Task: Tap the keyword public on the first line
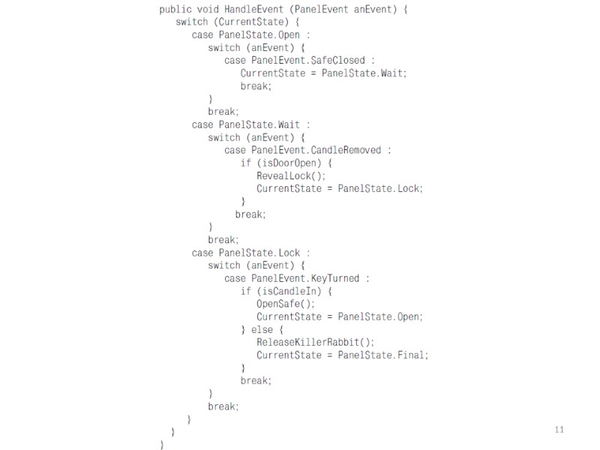(x=175, y=10)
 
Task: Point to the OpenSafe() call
(x=286, y=304)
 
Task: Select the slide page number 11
(x=558, y=430)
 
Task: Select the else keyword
(x=262, y=329)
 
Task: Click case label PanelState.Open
(x=259, y=35)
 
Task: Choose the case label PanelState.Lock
(x=259, y=253)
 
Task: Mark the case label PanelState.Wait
(x=259, y=124)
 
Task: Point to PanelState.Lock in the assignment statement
(x=380, y=188)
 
